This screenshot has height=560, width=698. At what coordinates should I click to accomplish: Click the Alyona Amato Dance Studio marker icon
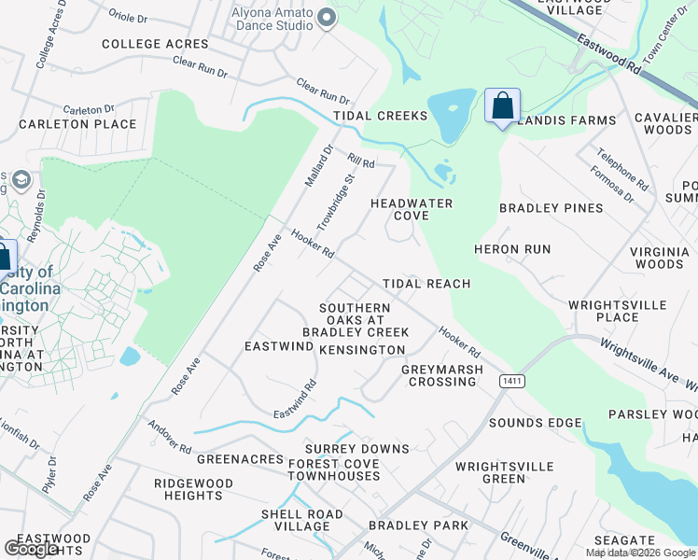(x=327, y=17)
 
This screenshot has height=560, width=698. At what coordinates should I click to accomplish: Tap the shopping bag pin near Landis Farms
(x=502, y=106)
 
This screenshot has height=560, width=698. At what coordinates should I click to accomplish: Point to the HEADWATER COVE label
(x=412, y=209)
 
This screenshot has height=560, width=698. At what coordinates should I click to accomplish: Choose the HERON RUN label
(x=512, y=249)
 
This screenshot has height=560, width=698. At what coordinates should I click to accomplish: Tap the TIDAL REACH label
(x=426, y=283)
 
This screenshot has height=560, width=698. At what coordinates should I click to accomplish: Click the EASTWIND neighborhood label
(x=278, y=346)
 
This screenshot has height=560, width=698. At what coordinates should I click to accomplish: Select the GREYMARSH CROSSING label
(x=442, y=375)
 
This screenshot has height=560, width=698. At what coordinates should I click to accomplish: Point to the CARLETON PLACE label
(x=77, y=124)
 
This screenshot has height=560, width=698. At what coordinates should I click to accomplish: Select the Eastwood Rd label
(x=608, y=55)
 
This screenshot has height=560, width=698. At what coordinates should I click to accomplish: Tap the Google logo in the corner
(x=32, y=549)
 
